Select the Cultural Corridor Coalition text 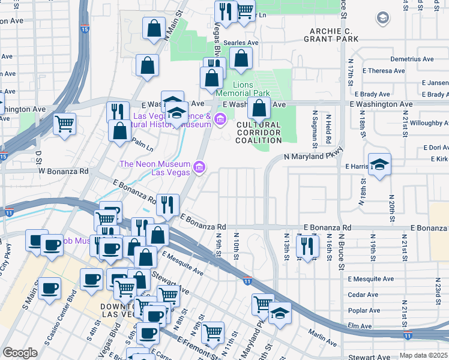[x=259, y=133]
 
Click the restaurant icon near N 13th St [x=307, y=246]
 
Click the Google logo [x=20, y=353]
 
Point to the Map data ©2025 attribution [x=424, y=355]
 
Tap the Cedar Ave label [x=364, y=295]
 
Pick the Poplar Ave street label [x=364, y=310]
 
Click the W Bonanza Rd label [x=64, y=171]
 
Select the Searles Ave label [x=241, y=43]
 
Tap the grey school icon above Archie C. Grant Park [x=382, y=19]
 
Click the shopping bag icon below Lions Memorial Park [x=259, y=109]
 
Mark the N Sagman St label [x=314, y=129]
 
